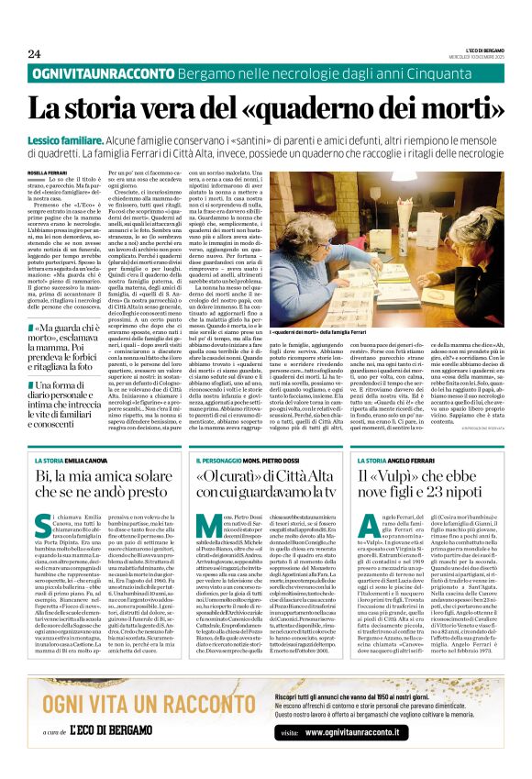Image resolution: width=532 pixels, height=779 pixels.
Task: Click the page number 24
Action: pyautogui.click(x=34, y=53)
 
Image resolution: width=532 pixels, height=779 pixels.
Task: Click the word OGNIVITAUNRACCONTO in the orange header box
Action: pyautogui.click(x=98, y=72)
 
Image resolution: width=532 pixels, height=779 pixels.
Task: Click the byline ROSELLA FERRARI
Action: pyautogui.click(x=47, y=172)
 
